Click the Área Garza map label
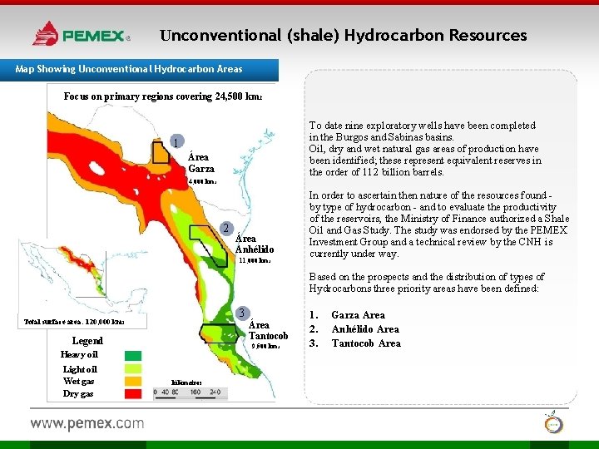pyautogui.click(x=200, y=162)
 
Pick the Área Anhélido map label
pyautogui.click(x=255, y=244)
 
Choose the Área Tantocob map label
pyautogui.click(x=269, y=330)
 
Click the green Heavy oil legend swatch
pyautogui.click(x=132, y=355)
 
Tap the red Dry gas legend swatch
pyautogui.click(x=132, y=393)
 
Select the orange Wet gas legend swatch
pyautogui.click(x=132, y=381)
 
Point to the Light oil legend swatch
pyautogui.click(x=132, y=368)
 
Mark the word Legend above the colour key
pyautogui.click(x=87, y=341)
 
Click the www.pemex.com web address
pyautogui.click(x=87, y=423)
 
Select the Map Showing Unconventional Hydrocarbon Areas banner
pyautogui.click(x=129, y=68)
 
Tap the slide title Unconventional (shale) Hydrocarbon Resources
pyautogui.click(x=344, y=36)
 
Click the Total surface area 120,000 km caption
pyautogui.click(x=75, y=321)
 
